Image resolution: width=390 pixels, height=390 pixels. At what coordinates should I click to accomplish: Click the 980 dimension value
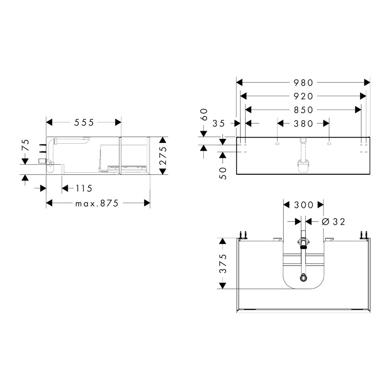[303, 83]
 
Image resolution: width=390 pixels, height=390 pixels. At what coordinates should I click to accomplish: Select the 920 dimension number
[303, 96]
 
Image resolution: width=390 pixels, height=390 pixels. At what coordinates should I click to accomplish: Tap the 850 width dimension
[303, 110]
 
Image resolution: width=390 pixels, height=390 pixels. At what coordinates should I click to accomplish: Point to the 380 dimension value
[303, 123]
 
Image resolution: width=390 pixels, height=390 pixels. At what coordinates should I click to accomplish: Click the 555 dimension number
[84, 123]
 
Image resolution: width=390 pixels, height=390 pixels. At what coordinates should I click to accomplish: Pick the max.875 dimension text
[97, 203]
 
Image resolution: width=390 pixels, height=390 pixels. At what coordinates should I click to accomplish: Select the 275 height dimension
[162, 155]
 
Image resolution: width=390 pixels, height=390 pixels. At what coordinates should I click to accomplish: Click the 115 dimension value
[84, 188]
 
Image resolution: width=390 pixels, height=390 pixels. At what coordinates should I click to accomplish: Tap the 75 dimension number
[26, 145]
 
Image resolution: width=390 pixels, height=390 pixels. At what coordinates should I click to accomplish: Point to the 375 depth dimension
[223, 263]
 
